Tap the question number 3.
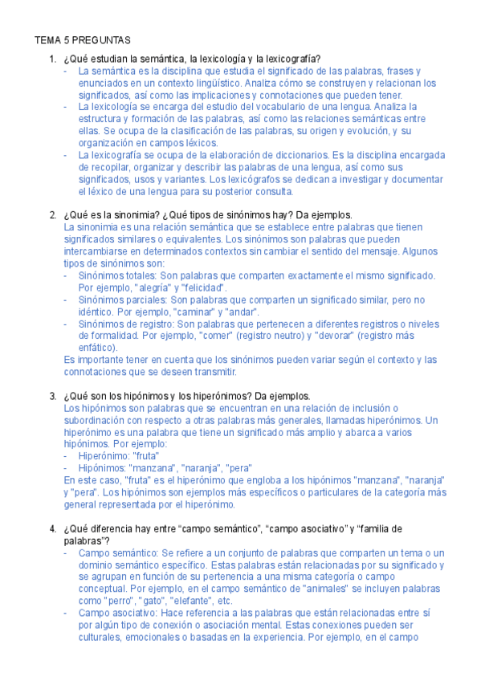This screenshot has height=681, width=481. [52, 396]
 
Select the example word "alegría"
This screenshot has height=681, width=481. [157, 287]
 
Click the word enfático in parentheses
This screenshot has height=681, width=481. [96, 348]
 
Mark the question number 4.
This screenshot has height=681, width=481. [52, 528]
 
